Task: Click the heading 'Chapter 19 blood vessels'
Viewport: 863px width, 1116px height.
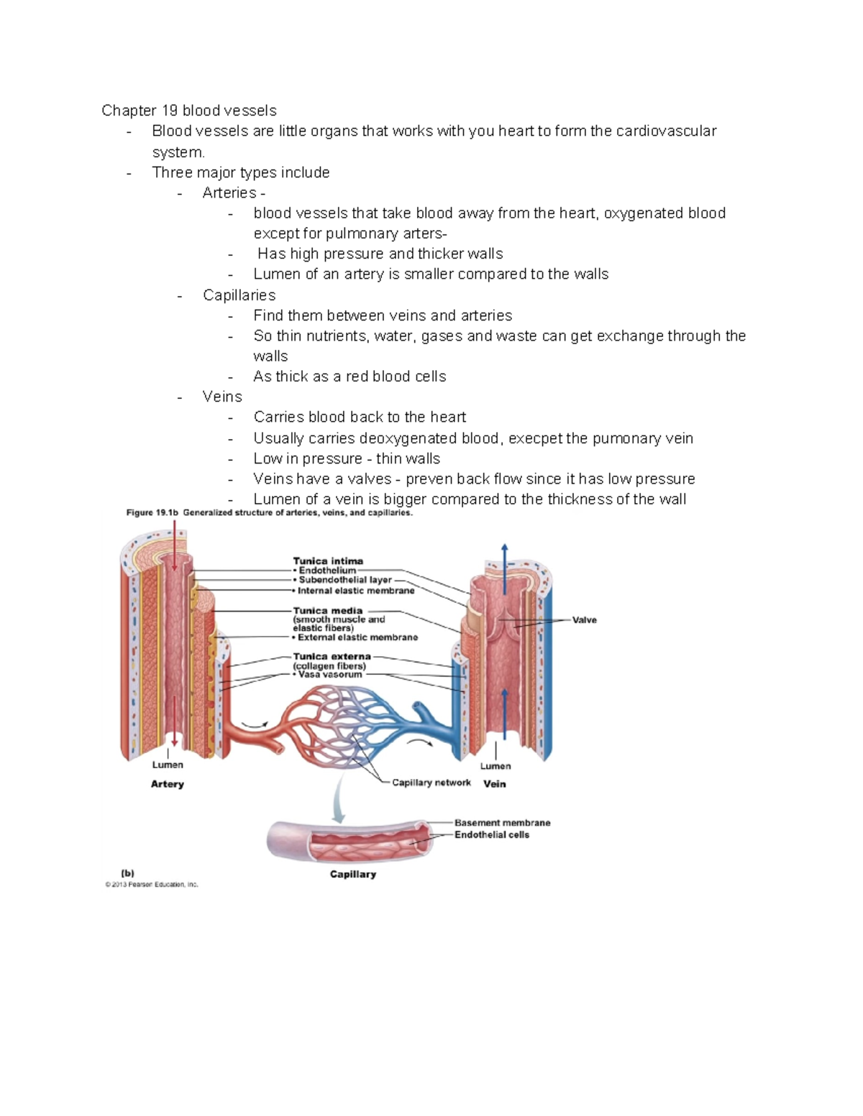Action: point(188,111)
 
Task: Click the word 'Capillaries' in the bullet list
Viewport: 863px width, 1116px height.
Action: point(239,295)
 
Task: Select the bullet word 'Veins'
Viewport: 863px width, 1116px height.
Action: point(222,397)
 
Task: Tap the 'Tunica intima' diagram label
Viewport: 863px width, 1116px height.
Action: point(328,561)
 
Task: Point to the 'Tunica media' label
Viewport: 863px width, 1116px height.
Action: point(327,611)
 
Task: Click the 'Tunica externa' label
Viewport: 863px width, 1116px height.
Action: point(332,656)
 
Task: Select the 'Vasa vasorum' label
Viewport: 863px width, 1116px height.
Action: point(330,675)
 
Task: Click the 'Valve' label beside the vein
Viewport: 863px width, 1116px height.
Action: point(584,620)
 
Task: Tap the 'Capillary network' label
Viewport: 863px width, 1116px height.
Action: point(431,783)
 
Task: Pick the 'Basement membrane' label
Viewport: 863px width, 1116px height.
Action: point(502,823)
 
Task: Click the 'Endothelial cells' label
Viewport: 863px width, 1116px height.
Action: point(491,835)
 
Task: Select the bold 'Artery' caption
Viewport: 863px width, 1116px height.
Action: point(167,784)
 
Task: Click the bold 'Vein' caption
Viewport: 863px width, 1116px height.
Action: point(494,784)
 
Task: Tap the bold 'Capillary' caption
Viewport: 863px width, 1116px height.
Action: point(352,875)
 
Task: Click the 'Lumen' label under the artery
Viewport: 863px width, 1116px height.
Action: point(167,765)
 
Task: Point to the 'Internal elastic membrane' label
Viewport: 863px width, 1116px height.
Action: point(356,591)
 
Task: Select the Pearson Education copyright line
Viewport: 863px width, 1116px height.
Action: point(151,885)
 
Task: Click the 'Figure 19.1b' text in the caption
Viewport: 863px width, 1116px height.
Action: point(152,513)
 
